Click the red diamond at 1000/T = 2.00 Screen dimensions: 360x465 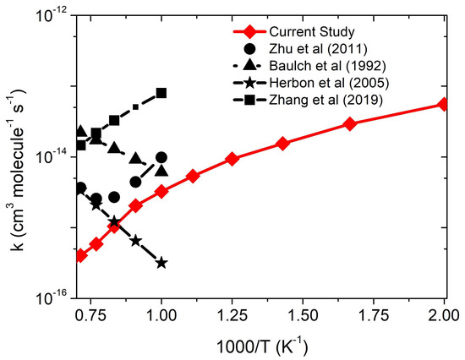445,104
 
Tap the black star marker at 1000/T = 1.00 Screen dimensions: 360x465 161,263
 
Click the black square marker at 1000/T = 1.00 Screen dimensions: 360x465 161,93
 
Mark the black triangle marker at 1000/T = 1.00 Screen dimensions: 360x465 161,171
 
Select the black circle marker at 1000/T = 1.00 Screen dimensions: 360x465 161,157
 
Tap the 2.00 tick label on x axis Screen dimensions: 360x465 445,312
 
